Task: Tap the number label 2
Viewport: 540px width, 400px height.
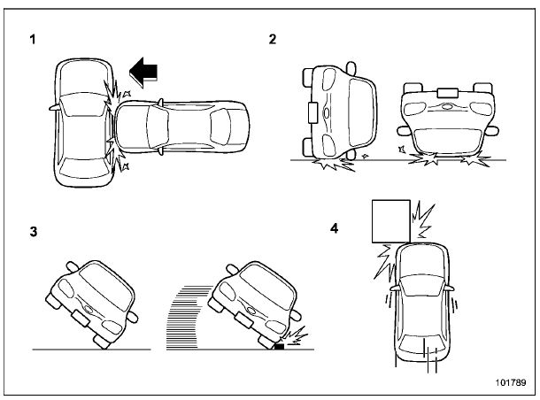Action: pyautogui.click(x=274, y=40)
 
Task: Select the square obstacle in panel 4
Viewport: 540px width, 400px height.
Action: pyautogui.click(x=390, y=220)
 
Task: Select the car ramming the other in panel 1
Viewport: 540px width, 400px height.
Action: pyautogui.click(x=181, y=127)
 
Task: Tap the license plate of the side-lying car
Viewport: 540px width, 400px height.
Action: pyautogui.click(x=312, y=112)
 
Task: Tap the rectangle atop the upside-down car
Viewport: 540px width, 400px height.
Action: pyautogui.click(x=446, y=90)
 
